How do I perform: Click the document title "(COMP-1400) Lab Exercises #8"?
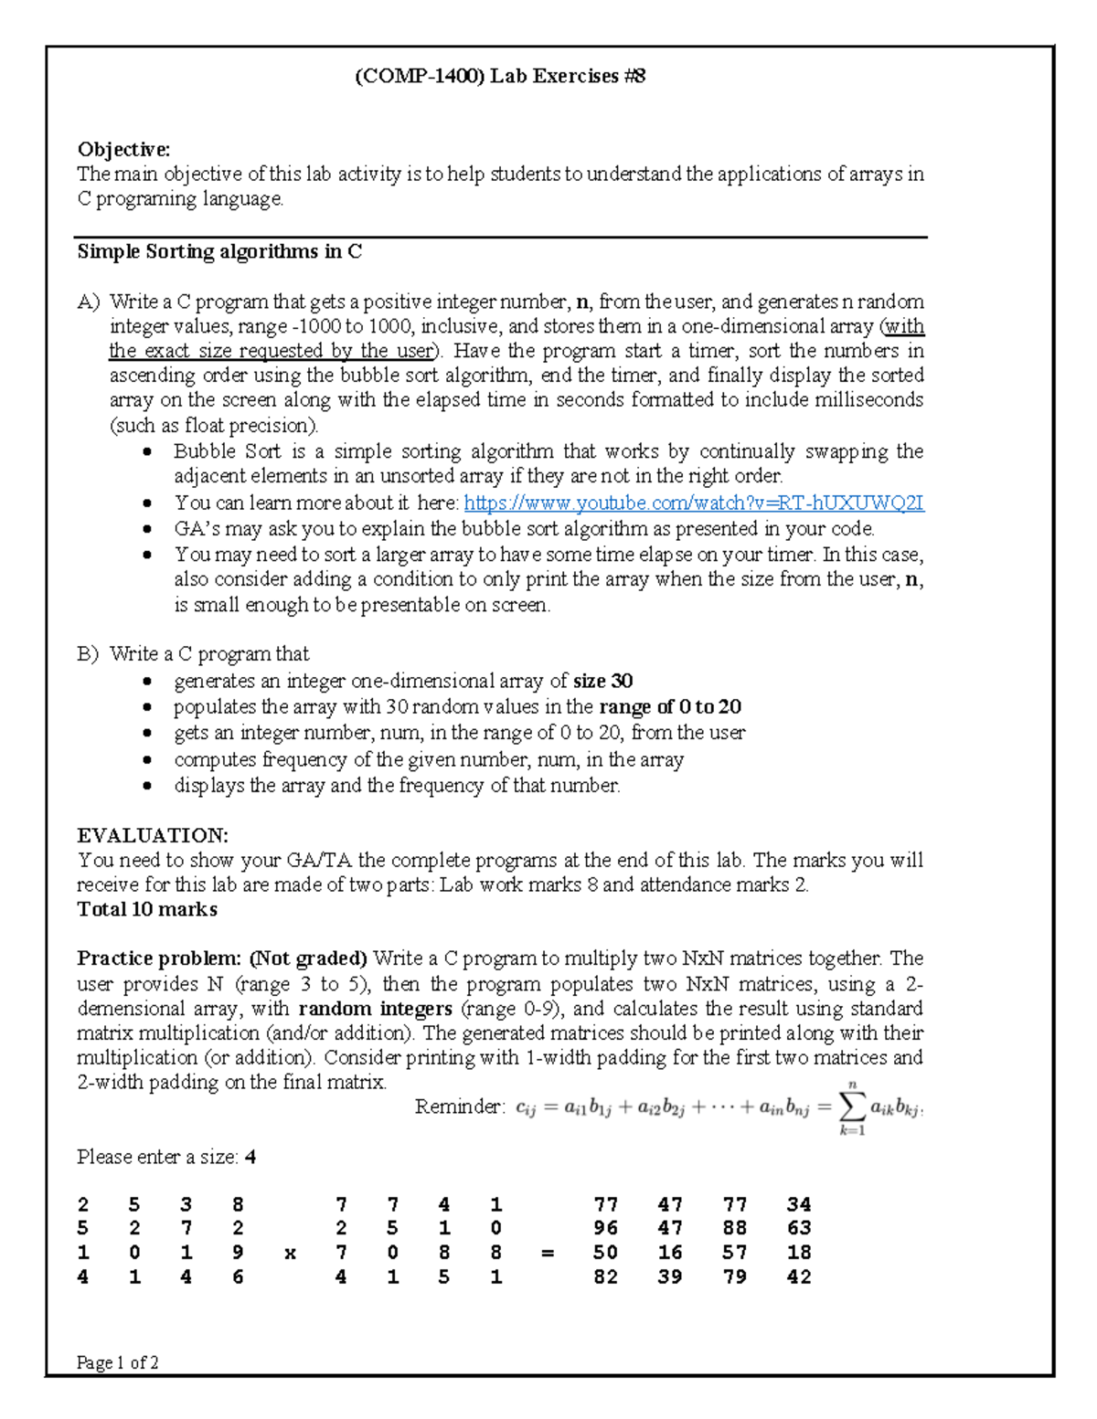500,76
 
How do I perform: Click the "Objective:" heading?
123,149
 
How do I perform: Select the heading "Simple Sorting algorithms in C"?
219,251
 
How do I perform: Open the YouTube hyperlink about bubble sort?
694,503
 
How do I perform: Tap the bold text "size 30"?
602,681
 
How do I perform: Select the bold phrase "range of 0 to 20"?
669,706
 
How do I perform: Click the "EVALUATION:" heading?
153,835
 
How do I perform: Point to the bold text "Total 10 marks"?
147,909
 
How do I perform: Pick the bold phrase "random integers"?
375,1009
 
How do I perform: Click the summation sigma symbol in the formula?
852,1107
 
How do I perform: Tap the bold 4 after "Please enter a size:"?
250,1157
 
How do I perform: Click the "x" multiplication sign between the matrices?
290,1254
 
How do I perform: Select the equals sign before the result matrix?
548,1254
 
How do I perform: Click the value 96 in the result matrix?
605,1228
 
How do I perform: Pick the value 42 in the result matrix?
799,1277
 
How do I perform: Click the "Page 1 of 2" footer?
118,1362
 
